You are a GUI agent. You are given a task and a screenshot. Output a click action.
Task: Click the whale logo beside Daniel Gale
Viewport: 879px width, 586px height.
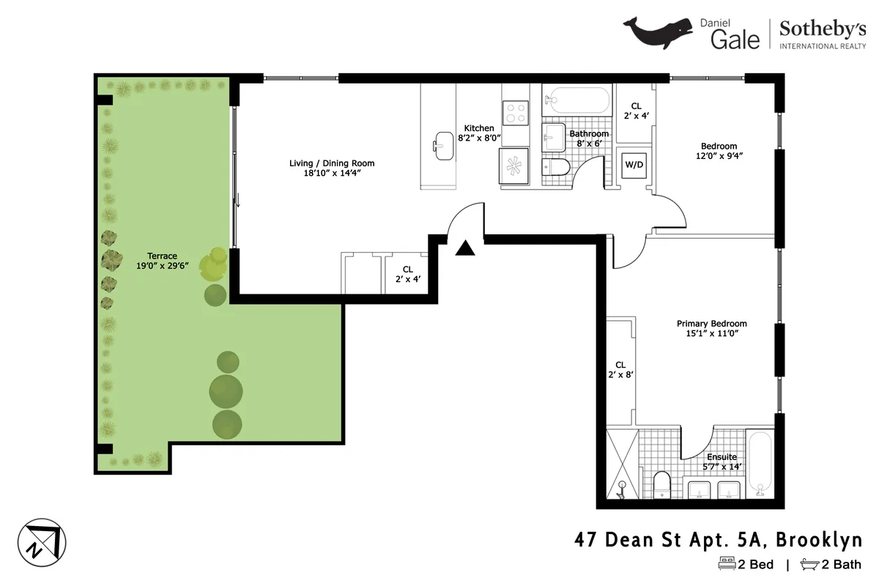point(659,33)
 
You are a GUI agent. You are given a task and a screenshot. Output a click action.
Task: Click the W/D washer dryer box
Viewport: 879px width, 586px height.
point(634,165)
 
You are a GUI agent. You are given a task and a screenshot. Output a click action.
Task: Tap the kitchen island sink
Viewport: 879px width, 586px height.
point(444,145)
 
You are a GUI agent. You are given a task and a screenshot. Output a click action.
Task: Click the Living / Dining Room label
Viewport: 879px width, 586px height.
point(332,168)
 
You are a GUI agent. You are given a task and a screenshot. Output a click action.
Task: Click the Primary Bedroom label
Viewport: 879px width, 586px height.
point(711,328)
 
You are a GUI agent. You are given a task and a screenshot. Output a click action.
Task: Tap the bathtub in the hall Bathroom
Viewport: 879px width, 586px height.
point(576,100)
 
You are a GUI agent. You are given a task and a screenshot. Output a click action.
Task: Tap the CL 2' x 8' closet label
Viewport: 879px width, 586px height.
point(620,369)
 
